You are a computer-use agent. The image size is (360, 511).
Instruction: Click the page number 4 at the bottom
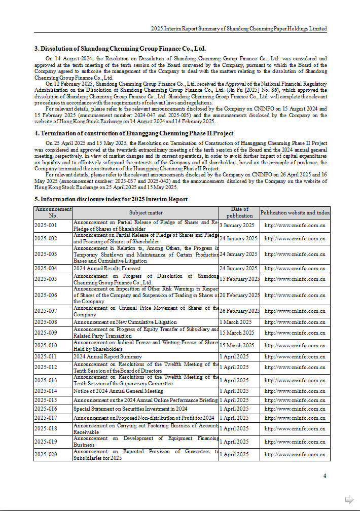(325, 476)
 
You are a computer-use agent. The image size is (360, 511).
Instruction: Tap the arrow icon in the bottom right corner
(349, 499)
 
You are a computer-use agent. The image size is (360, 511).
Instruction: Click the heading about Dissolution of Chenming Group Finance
(120, 49)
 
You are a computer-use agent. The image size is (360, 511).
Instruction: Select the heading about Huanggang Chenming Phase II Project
(134, 133)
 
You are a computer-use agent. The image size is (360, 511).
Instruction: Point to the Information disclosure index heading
(111, 199)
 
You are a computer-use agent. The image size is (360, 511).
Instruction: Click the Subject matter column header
(146, 212)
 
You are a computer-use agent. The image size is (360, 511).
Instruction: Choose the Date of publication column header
(239, 212)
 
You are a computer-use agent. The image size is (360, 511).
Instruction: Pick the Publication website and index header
(295, 212)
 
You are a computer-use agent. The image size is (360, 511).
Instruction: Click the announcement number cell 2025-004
(46, 268)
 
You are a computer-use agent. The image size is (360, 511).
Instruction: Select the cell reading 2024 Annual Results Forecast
(107, 268)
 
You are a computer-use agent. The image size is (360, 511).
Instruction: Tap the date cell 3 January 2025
(237, 225)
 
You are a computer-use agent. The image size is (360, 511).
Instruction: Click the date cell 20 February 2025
(239, 295)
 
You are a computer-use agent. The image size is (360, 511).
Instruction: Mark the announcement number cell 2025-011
(46, 356)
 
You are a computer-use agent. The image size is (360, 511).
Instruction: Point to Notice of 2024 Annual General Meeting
(118, 391)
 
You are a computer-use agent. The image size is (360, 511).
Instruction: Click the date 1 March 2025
(235, 322)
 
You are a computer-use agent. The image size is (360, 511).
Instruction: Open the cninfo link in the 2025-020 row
(295, 455)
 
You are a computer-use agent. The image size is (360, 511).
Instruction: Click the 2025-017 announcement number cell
(46, 418)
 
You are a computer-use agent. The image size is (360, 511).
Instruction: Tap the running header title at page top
(239, 28)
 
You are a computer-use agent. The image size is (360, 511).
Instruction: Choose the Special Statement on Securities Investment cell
(130, 409)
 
